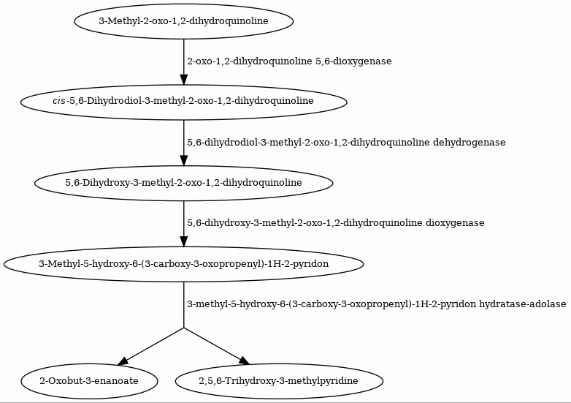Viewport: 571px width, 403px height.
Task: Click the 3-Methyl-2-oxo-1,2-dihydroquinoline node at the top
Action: tap(183, 21)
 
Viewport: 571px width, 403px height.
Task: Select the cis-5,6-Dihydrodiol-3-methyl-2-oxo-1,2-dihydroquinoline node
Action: tap(183, 102)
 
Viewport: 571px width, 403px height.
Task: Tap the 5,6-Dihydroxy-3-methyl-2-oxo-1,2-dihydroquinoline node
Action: tap(183, 183)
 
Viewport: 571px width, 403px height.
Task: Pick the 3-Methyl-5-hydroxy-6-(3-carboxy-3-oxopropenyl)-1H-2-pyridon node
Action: tap(183, 264)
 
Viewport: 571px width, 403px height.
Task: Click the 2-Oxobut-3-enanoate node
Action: tap(89, 381)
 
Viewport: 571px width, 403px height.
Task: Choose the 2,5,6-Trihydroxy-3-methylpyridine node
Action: tap(279, 381)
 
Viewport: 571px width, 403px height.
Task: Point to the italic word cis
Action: tap(58, 101)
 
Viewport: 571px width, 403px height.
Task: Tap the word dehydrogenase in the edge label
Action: tap(470, 142)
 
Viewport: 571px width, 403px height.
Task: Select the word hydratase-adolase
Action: tap(523, 304)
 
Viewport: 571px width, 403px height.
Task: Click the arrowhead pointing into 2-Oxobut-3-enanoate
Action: tap(123, 361)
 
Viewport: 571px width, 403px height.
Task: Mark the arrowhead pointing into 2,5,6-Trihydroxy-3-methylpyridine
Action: tap(245, 361)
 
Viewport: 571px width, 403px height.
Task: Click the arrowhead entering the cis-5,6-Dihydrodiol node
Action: tap(183, 80)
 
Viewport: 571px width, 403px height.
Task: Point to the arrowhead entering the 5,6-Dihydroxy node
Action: tap(183, 161)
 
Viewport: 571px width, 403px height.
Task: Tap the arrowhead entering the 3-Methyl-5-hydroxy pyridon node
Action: tap(183, 242)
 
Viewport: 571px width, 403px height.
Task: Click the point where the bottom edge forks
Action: tap(183, 328)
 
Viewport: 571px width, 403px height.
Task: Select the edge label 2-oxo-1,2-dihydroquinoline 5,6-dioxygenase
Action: tap(289, 61)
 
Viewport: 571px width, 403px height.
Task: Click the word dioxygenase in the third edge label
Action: tap(455, 223)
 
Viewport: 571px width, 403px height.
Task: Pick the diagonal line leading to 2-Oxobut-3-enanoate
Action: tap(153, 345)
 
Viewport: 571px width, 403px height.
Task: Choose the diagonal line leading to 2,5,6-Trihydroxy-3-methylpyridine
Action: tap(214, 345)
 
